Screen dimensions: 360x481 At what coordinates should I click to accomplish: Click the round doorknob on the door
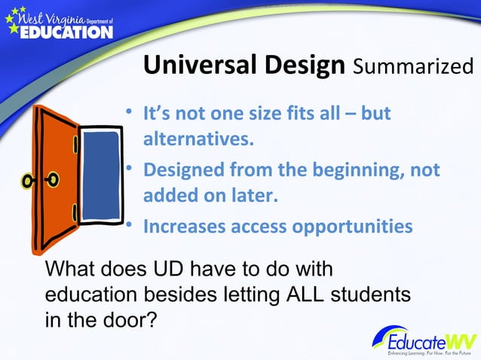(x=53, y=180)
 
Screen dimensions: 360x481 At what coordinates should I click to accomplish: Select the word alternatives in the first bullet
(x=198, y=140)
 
